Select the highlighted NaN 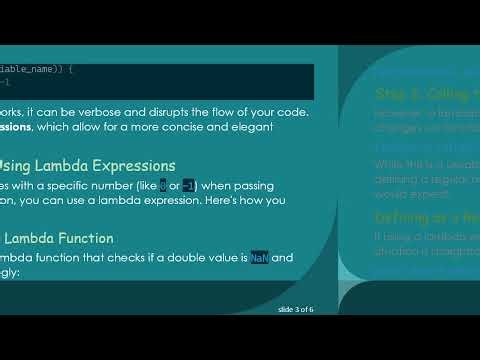[260, 257]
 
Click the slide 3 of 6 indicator [295, 310]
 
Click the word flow [247, 111]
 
